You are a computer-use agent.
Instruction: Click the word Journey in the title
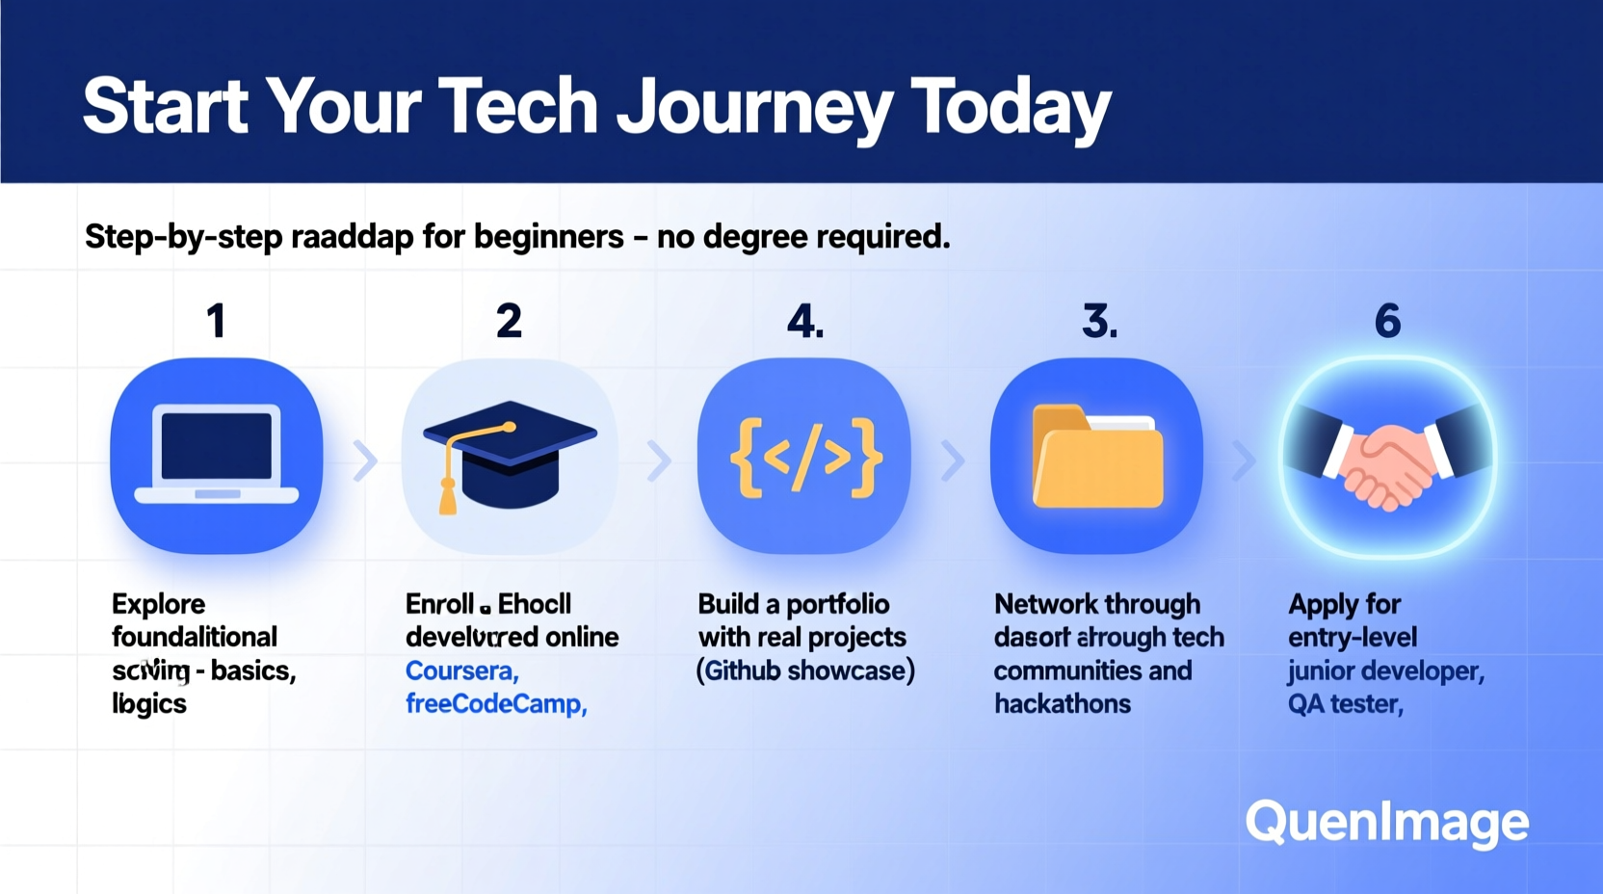coord(753,108)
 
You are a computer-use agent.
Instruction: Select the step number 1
coord(217,321)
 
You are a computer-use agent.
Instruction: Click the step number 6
coord(1387,321)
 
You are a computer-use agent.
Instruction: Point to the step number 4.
coord(804,321)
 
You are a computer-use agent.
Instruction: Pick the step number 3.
coord(1099,321)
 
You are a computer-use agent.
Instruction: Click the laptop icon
coord(217,456)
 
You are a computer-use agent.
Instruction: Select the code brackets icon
coord(804,457)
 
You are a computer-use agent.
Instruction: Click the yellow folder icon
coord(1097,458)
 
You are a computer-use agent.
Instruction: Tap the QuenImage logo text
coord(1386,822)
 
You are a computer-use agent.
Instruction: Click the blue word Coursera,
coord(461,670)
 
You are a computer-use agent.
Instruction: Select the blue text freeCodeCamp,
coord(495,704)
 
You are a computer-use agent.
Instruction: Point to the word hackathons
coord(1062,704)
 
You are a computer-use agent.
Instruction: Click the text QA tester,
coord(1345,704)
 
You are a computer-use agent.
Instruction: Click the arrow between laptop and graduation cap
coord(364,460)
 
